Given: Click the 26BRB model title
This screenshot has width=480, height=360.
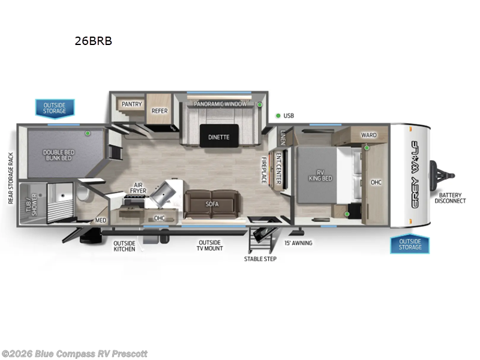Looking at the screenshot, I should pyautogui.click(x=92, y=41).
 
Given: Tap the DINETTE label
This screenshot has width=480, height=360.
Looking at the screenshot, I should pyautogui.click(x=219, y=137).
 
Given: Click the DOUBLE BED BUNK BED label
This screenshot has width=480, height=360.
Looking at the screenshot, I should pyautogui.click(x=58, y=154).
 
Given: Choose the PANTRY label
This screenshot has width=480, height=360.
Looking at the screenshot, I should pyautogui.click(x=132, y=104).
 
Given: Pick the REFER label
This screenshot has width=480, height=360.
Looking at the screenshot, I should pyautogui.click(x=160, y=110).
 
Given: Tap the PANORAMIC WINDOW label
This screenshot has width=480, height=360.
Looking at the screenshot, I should pyautogui.click(x=220, y=104).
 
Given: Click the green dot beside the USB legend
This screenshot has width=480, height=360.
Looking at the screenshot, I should pyautogui.click(x=278, y=115).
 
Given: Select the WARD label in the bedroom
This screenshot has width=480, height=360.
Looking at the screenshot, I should pyautogui.click(x=368, y=134).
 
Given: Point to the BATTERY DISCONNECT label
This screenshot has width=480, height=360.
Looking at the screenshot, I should pyautogui.click(x=451, y=197).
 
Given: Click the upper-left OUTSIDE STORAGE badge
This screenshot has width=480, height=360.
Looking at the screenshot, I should pyautogui.click(x=54, y=108).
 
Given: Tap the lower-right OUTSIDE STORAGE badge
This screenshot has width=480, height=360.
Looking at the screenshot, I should pyautogui.click(x=410, y=244).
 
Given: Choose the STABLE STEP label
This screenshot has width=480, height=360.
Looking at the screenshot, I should pyautogui.click(x=260, y=259).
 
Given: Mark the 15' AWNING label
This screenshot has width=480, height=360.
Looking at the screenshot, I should pyautogui.click(x=298, y=243).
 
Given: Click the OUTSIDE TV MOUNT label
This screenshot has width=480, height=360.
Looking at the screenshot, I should pyautogui.click(x=211, y=245).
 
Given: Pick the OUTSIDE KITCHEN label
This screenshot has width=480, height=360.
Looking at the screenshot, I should pyautogui.click(x=125, y=245).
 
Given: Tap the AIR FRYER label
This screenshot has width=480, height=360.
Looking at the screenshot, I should pyautogui.click(x=138, y=188).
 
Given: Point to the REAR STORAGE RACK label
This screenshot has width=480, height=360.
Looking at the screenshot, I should pyautogui.click(x=10, y=178).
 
